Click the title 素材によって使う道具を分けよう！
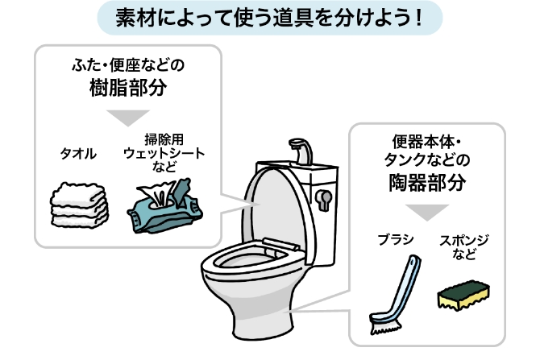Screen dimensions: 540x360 click(269, 18)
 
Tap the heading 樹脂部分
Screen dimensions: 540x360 click(128, 88)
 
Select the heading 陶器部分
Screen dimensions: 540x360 click(427, 182)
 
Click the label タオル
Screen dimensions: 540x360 click(78, 154)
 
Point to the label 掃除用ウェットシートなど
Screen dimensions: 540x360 click(164, 153)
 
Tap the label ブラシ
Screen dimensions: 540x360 click(396, 239)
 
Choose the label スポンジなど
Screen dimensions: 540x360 click(463, 247)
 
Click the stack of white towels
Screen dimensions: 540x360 click(79, 205)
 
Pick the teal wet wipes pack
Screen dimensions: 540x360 click(164, 206)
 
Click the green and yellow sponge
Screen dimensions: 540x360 click(463, 295)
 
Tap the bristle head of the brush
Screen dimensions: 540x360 click(385, 325)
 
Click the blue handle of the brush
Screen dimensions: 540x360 click(404, 286)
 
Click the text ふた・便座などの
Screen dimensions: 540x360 click(128, 65)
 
